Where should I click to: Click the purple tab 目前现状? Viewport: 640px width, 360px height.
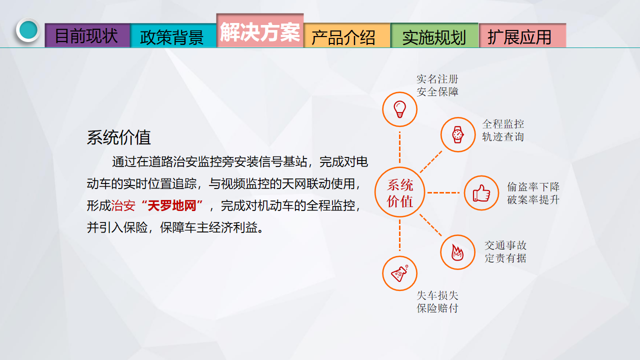[87, 35]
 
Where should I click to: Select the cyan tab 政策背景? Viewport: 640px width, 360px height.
[173, 35]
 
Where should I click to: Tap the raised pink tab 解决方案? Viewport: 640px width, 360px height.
[260, 30]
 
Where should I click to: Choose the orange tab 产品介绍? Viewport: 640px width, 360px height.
[347, 35]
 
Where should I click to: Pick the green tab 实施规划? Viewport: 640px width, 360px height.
[434, 35]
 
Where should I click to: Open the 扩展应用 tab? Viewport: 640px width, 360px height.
[522, 35]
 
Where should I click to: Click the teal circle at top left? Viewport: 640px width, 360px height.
[28, 30]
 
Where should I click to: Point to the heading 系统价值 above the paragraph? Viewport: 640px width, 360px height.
[119, 137]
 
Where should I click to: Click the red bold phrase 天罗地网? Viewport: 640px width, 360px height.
[172, 205]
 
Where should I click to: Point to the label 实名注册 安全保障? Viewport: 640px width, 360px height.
[437, 85]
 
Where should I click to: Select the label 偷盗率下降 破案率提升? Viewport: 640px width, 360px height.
[533, 193]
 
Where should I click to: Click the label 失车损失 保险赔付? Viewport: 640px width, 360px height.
[437, 301]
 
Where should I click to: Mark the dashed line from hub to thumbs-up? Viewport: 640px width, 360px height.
[443, 193]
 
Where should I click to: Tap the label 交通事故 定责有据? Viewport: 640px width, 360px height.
[505, 251]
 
